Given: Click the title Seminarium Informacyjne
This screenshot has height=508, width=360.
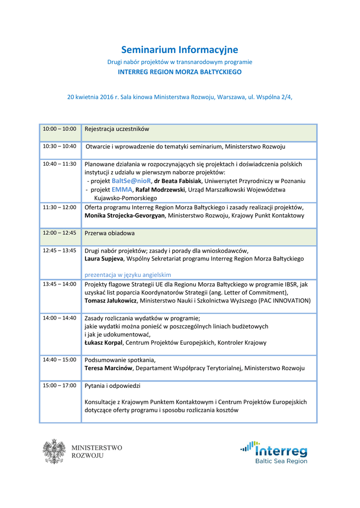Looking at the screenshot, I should (x=180, y=50).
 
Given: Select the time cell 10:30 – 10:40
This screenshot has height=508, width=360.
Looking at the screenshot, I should (x=59, y=146).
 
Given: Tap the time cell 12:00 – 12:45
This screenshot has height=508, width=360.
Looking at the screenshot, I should (x=59, y=233).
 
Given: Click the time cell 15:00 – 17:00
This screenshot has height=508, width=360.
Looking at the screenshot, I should (x=59, y=385).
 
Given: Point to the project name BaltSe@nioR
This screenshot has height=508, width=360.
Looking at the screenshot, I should (x=131, y=181).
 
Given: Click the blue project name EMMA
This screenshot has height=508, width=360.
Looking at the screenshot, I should (x=122, y=190).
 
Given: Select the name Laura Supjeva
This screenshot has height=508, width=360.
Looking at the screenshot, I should (x=104, y=258).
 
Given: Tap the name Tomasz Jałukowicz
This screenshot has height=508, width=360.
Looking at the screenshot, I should (x=111, y=301).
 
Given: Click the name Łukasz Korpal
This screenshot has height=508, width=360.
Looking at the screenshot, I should (x=104, y=342).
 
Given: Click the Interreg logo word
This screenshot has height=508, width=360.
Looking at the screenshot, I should (x=281, y=451).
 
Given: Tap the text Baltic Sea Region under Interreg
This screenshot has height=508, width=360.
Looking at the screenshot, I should (x=281, y=461).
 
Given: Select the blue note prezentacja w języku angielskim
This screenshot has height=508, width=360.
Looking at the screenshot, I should (x=128, y=274).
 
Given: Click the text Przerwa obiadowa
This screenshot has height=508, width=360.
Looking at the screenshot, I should (x=109, y=233).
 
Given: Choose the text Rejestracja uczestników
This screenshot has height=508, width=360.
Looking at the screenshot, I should (x=117, y=129).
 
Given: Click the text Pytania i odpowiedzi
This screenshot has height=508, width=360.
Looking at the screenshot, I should (x=113, y=385).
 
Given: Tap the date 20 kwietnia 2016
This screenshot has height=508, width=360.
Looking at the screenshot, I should (x=90, y=97).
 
